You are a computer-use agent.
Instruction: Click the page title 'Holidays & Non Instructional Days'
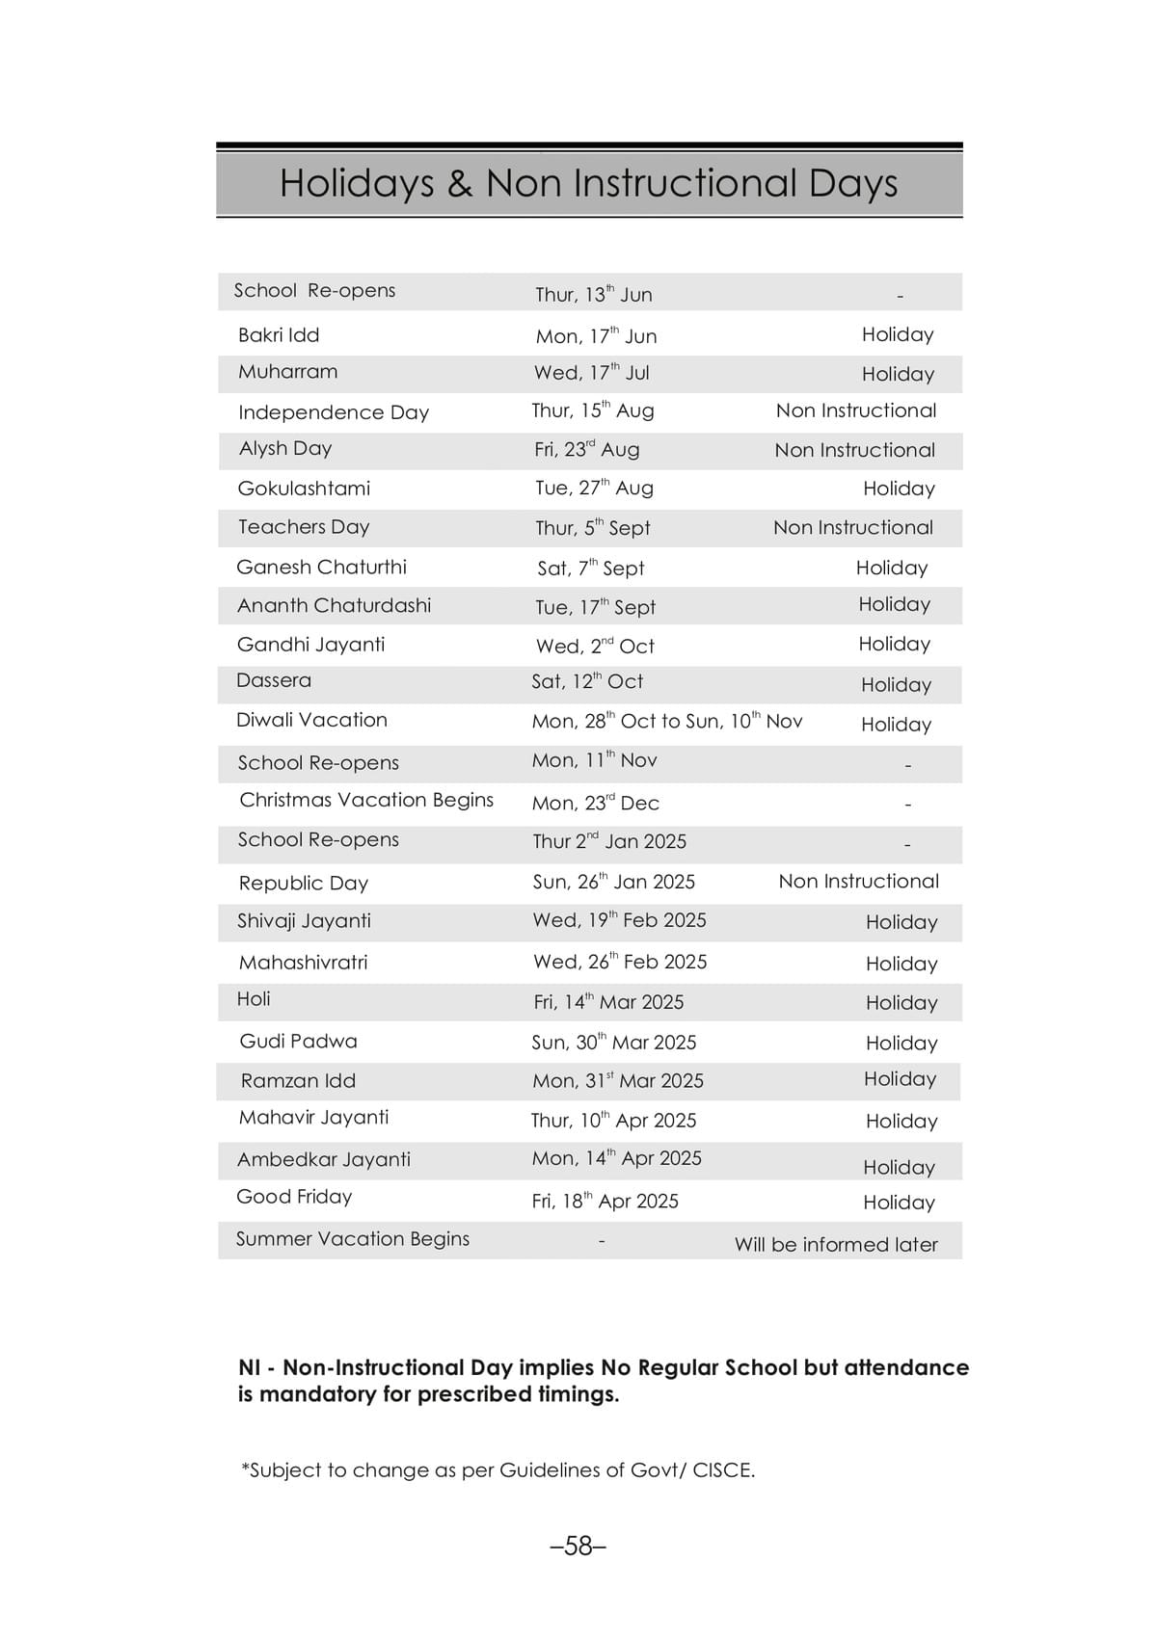[588, 183]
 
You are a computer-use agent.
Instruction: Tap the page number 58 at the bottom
[578, 1546]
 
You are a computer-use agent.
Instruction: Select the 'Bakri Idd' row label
[279, 335]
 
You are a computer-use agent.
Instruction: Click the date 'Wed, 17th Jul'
[592, 373]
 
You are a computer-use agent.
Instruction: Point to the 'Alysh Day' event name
[285, 449]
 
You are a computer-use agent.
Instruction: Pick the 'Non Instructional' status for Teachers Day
[853, 528]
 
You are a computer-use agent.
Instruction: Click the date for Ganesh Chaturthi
[591, 569]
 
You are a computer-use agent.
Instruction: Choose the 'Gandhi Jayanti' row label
[310, 645]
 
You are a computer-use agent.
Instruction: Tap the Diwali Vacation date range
[667, 722]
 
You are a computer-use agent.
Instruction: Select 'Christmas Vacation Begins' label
[366, 801]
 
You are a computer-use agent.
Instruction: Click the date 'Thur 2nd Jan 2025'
[609, 841]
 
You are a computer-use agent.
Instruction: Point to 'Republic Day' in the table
[304, 884]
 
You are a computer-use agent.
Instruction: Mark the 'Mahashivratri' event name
[303, 963]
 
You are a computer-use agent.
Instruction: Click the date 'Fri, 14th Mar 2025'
[608, 1002]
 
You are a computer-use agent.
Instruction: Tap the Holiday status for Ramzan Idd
[900, 1079]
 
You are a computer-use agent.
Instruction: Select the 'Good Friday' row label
[294, 1197]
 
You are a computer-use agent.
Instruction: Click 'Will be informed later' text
[836, 1245]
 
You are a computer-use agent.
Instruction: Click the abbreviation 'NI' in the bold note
[250, 1368]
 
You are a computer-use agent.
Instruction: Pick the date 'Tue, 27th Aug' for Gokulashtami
[594, 489]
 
